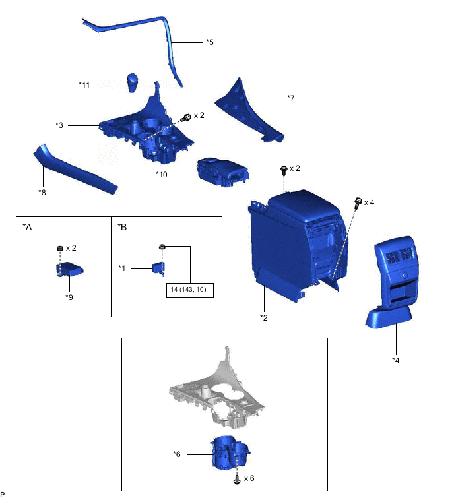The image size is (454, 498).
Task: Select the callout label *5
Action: [209, 42]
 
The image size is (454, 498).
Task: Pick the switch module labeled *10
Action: [221, 173]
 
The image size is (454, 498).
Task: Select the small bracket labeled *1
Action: [158, 268]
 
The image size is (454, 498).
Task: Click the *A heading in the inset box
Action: [27, 227]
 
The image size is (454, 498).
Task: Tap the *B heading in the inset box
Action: [122, 227]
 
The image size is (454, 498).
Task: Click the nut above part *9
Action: [59, 249]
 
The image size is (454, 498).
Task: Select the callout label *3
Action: [59, 124]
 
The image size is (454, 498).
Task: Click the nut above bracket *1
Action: [162, 247]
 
